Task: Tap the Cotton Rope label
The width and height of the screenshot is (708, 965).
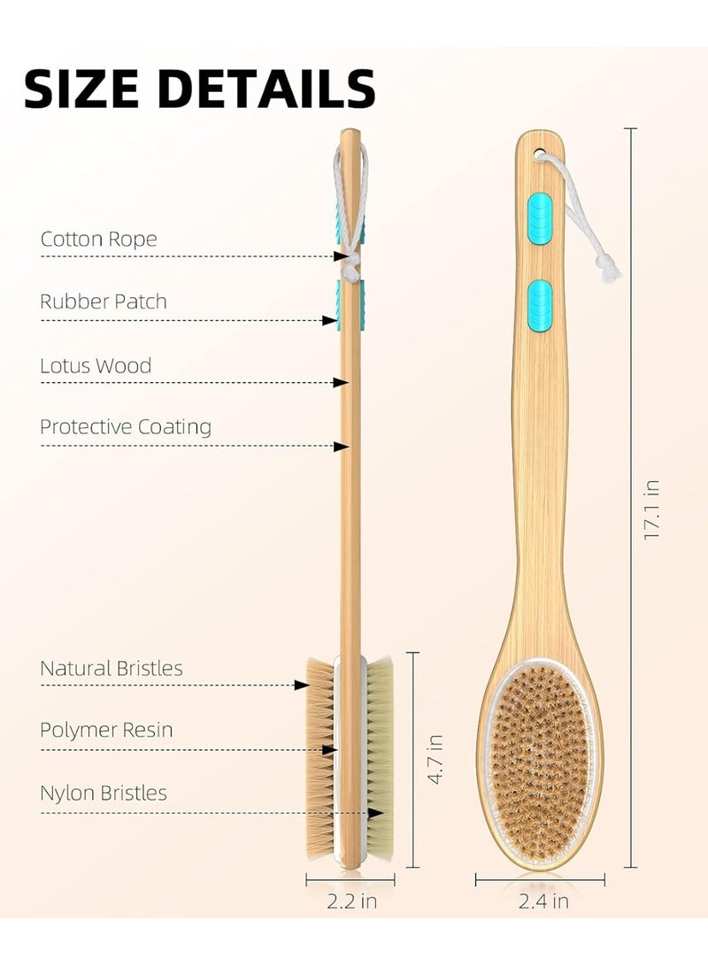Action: (98, 239)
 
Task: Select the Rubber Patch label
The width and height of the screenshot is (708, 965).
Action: (104, 302)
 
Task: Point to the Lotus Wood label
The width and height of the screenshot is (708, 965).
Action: (96, 365)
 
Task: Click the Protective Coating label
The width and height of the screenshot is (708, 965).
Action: (126, 427)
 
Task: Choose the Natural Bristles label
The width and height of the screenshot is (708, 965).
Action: (112, 668)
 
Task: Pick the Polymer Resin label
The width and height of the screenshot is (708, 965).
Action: (106, 731)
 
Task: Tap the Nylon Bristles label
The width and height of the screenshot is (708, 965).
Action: (104, 793)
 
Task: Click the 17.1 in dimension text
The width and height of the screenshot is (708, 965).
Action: (652, 509)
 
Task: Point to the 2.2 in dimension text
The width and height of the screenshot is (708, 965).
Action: (350, 902)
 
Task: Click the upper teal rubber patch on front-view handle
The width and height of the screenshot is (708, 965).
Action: (539, 215)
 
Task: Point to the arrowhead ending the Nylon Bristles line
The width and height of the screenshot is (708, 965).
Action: (378, 812)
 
